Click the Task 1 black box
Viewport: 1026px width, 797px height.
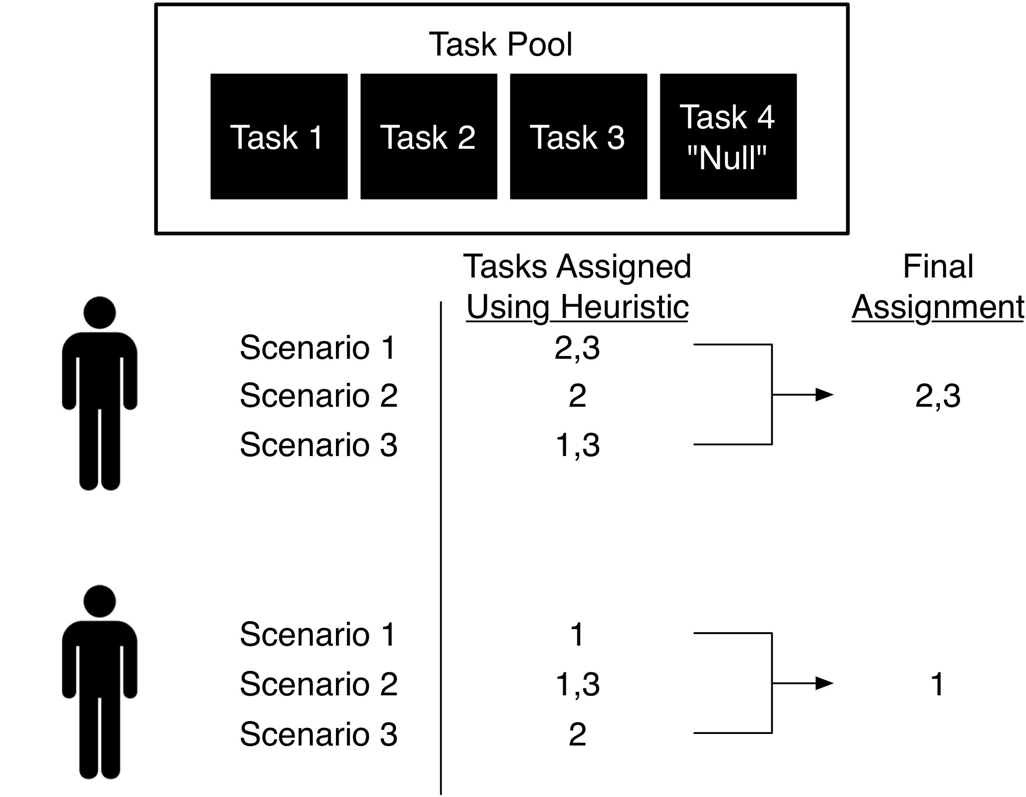[x=279, y=136]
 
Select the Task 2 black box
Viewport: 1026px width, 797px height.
[x=429, y=136]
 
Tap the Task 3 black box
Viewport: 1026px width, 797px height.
[x=579, y=136]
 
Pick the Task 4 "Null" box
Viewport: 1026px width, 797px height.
[x=728, y=136]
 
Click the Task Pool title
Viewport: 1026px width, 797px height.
[x=501, y=45]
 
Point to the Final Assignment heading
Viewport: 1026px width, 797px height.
[x=938, y=287]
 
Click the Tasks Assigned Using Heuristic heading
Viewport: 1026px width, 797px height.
[x=577, y=287]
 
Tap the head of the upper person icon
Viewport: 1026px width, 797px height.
[x=99, y=313]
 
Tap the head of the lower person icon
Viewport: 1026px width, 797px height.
[x=99, y=601]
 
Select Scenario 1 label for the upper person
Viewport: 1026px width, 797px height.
[x=318, y=348]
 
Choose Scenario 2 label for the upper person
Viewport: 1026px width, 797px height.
[x=319, y=395]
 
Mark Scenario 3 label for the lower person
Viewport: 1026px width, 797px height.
[x=319, y=734]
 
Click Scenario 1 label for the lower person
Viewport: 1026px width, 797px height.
[x=318, y=634]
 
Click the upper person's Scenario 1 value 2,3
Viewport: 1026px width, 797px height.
[x=577, y=349]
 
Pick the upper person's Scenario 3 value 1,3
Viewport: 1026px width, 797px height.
[x=577, y=445]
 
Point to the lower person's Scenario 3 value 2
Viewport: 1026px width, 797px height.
[x=577, y=734]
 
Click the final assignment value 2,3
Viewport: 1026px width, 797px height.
[x=938, y=396]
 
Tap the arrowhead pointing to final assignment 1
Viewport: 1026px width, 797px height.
[x=825, y=683]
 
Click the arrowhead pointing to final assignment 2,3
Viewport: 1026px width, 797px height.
[x=825, y=395]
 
